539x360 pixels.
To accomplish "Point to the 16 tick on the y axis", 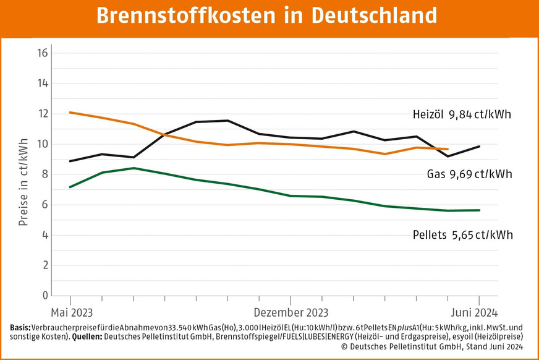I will pyautogui.click(x=43, y=53).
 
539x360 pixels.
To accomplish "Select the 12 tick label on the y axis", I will pyautogui.click(x=43, y=114).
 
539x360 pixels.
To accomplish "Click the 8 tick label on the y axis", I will pyautogui.click(x=44, y=174).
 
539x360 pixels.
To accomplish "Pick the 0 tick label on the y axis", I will pyautogui.click(x=44, y=296).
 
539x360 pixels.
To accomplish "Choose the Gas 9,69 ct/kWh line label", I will pyautogui.click(x=470, y=174).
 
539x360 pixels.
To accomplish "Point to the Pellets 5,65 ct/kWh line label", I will pyautogui.click(x=462, y=235).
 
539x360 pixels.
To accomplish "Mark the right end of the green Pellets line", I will pyautogui.click(x=480, y=210).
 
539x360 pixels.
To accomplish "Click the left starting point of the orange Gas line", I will pyautogui.click(x=70, y=112).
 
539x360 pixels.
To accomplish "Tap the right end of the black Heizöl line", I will pyautogui.click(x=480, y=146).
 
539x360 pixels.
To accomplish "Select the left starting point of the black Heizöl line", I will pyautogui.click(x=70, y=161).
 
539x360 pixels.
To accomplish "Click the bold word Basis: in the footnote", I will pyautogui.click(x=22, y=327).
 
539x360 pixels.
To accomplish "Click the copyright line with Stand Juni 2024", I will pyautogui.click(x=432, y=347).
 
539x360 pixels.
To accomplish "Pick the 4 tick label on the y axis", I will pyautogui.click(x=44, y=235).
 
